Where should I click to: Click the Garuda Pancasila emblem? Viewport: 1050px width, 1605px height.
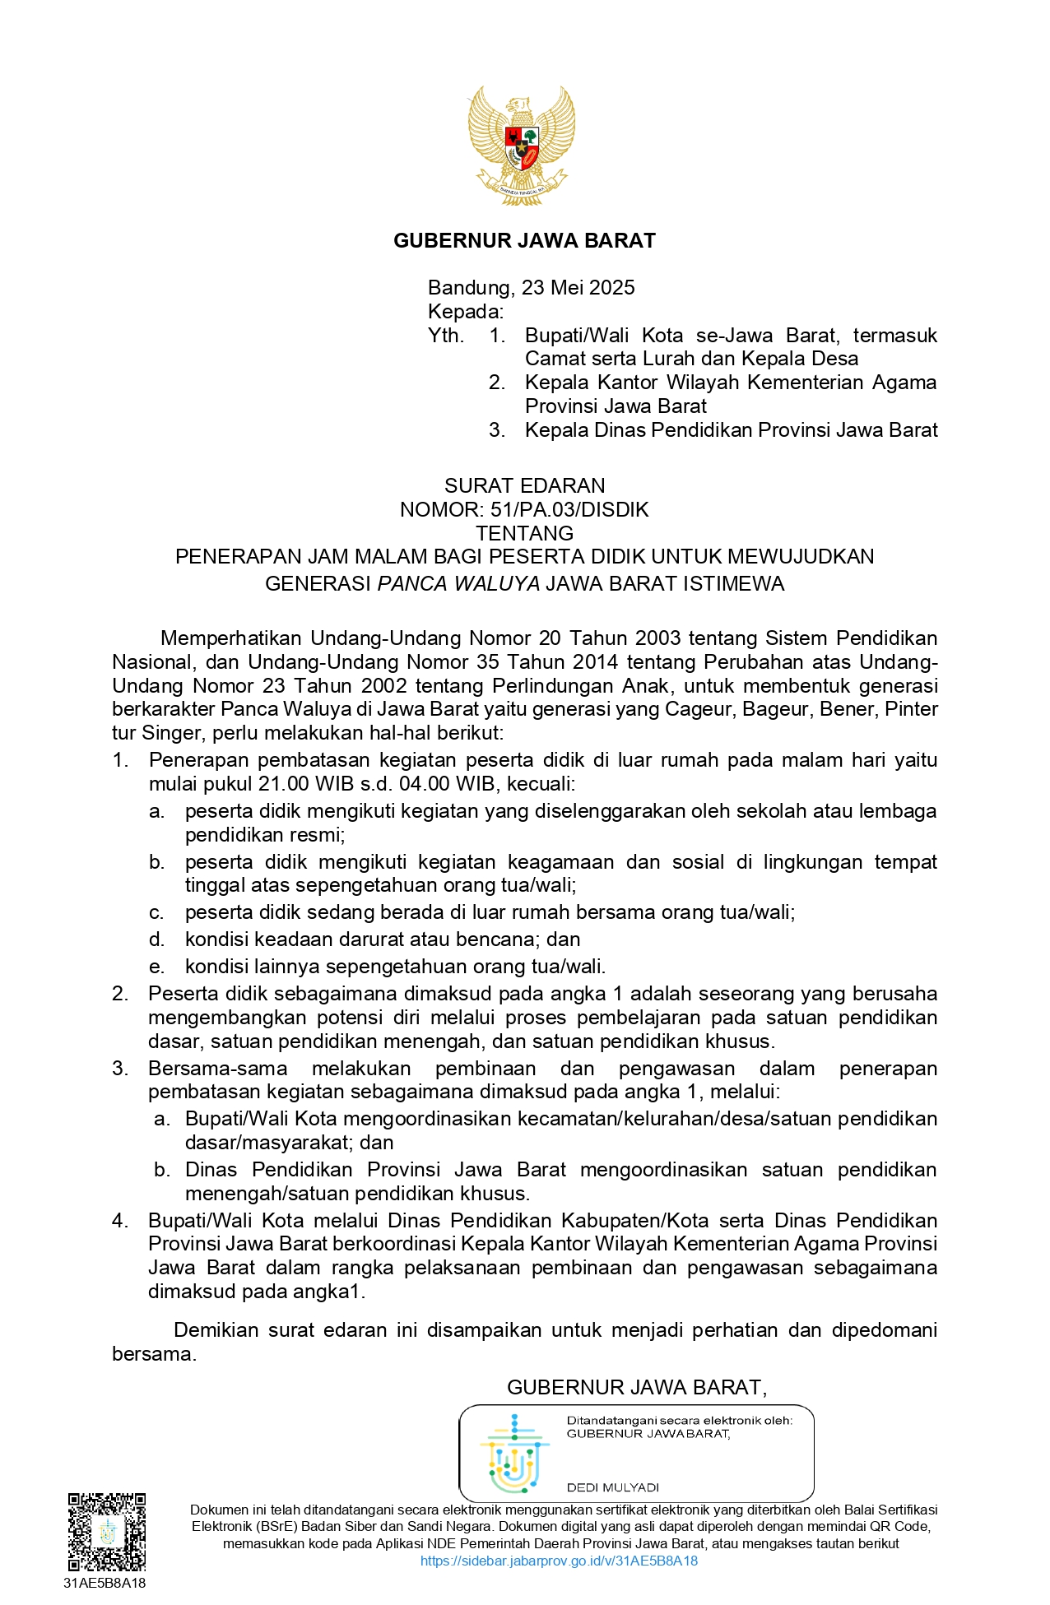[x=522, y=145]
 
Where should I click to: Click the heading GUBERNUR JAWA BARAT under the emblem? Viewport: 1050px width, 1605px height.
[x=524, y=241]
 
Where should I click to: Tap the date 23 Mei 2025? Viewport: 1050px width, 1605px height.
[x=578, y=288]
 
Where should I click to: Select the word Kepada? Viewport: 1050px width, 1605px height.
[x=465, y=312]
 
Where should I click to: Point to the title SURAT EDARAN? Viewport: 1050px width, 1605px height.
[x=524, y=486]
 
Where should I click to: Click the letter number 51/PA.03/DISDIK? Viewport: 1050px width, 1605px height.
[x=569, y=510]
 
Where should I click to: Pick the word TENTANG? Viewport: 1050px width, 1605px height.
[x=524, y=533]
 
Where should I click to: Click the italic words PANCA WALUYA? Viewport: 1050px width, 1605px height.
[x=458, y=584]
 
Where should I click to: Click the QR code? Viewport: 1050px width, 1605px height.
[x=107, y=1532]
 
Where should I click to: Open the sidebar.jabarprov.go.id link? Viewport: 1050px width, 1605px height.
[x=559, y=1561]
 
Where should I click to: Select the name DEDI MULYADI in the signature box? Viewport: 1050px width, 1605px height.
[x=613, y=1487]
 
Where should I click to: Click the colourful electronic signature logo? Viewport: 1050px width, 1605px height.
[x=514, y=1454]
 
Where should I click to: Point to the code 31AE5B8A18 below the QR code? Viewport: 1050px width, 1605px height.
[x=105, y=1583]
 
